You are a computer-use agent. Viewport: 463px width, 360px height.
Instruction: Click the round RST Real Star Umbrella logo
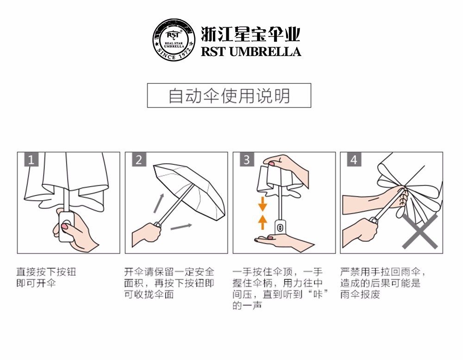pyautogui.click(x=174, y=40)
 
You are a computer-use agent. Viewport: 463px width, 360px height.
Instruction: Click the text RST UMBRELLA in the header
pyautogui.click(x=251, y=51)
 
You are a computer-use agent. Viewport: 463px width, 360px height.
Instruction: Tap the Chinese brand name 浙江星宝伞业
pyautogui.click(x=250, y=34)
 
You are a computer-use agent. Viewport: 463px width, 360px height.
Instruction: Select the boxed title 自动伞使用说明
pyautogui.click(x=229, y=95)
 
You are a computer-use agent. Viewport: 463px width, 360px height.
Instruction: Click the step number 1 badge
pyautogui.click(x=31, y=159)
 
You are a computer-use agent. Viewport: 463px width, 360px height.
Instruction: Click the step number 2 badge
pyautogui.click(x=139, y=159)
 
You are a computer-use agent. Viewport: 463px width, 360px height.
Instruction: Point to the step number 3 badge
pyautogui.click(x=247, y=159)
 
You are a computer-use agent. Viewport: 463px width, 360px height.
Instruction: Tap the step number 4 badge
pyautogui.click(x=354, y=159)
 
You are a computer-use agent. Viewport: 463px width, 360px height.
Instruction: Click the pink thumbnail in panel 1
pyautogui.click(x=64, y=227)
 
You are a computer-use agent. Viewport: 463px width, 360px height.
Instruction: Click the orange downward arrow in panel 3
pyautogui.click(x=263, y=204)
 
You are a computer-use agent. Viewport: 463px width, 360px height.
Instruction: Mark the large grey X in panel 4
pyautogui.click(x=420, y=232)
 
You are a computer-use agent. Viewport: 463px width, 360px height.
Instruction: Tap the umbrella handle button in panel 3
pyautogui.click(x=280, y=227)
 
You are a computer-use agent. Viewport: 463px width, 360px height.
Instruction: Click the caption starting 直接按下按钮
pyautogui.click(x=46, y=277)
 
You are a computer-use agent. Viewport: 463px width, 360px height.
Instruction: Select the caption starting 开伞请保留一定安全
pyautogui.click(x=169, y=283)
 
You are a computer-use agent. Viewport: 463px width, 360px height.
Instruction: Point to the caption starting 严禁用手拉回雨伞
pyautogui.click(x=383, y=283)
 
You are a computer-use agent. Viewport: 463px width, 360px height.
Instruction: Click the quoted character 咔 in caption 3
pyautogui.click(x=318, y=294)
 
